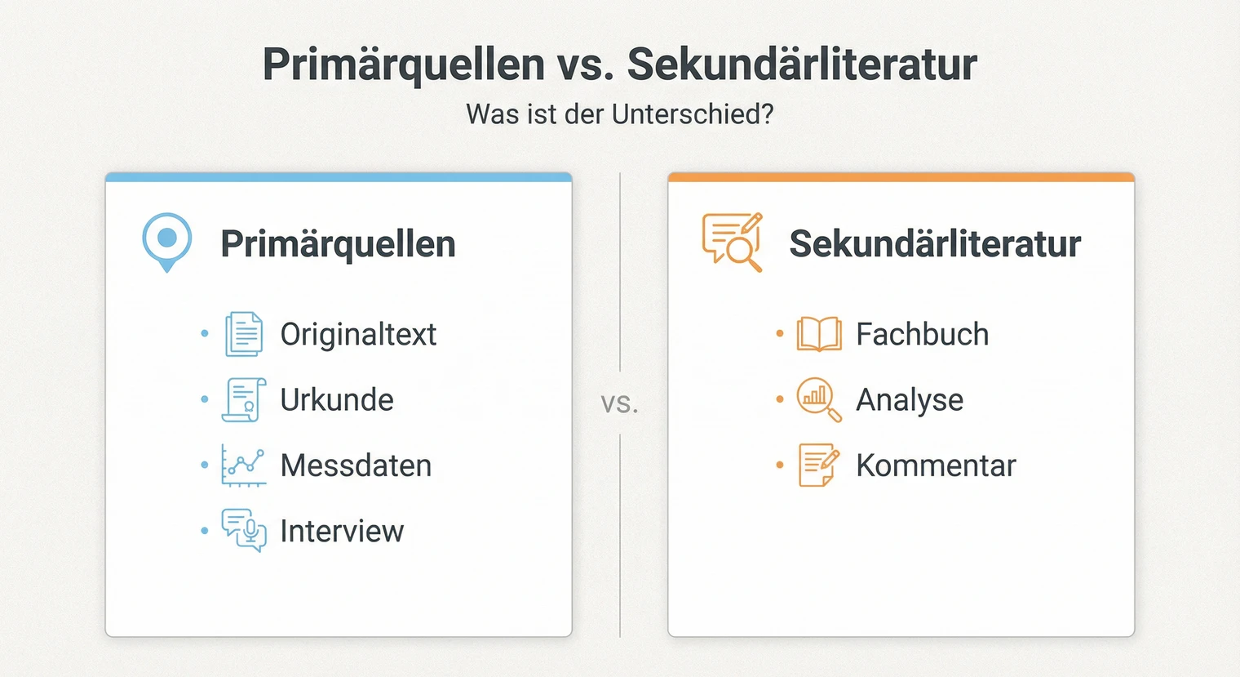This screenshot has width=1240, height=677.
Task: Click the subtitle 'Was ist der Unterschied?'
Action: click(x=619, y=114)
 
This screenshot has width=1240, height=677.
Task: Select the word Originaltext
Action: click(x=358, y=335)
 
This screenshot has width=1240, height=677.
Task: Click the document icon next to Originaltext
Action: click(x=243, y=334)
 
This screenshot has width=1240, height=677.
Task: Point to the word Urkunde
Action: click(x=337, y=400)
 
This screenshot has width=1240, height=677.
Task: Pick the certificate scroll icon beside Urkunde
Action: click(x=243, y=399)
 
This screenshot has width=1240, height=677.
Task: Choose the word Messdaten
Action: click(x=356, y=465)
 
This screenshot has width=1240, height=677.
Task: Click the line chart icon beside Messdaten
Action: click(x=243, y=465)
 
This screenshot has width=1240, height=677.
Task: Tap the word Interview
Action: click(x=342, y=532)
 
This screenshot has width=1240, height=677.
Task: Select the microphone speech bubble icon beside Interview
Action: click(x=244, y=530)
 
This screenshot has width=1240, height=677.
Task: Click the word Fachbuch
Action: click(x=922, y=335)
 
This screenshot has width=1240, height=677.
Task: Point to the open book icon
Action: click(x=819, y=334)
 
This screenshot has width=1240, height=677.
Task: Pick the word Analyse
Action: click(x=910, y=400)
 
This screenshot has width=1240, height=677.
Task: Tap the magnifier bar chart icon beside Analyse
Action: click(x=818, y=399)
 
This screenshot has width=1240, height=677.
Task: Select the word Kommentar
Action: click(x=936, y=465)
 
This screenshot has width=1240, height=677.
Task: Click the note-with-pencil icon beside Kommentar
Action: click(x=818, y=465)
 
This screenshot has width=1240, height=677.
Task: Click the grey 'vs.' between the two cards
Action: click(x=619, y=403)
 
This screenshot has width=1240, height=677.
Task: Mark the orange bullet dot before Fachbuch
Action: click(x=780, y=333)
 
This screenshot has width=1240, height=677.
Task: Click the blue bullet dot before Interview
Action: click(x=204, y=531)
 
